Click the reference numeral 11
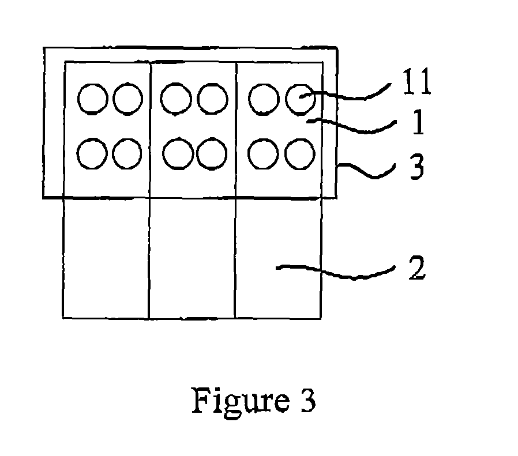[417, 81]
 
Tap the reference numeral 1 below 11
[418, 122]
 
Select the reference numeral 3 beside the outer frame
[417, 167]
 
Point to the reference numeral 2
[417, 267]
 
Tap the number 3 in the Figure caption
[308, 400]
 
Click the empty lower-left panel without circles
[106, 258]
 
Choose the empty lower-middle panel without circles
[192, 258]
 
